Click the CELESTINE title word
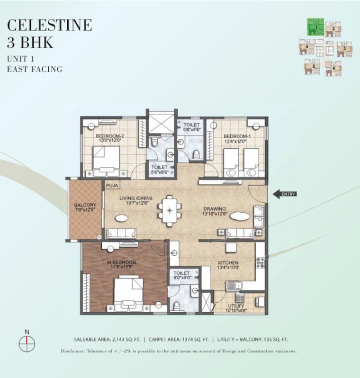[50, 25]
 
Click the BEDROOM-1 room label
[237, 135]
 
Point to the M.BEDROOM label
[122, 262]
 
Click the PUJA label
[112, 185]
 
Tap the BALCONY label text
[85, 205]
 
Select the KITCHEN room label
[228, 262]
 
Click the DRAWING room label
[215, 208]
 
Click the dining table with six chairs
[169, 210]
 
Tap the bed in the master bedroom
[128, 294]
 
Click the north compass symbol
[27, 342]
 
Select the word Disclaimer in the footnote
[74, 351]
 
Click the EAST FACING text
[35, 69]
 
